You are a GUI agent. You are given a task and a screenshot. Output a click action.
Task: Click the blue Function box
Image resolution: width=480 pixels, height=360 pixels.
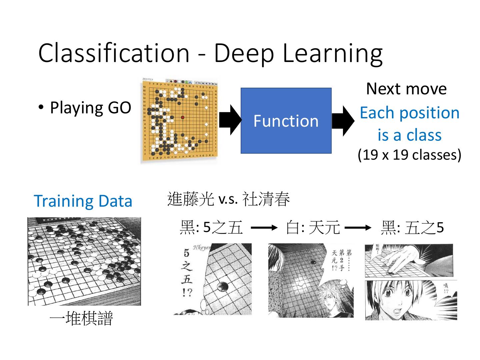click(286, 121)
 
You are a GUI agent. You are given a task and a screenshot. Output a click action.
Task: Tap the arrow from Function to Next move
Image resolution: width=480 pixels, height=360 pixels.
click(343, 121)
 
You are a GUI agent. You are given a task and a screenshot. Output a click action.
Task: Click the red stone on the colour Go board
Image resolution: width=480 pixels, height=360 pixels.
click(183, 117)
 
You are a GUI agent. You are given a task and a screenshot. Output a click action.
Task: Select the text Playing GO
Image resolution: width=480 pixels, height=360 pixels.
click(90, 108)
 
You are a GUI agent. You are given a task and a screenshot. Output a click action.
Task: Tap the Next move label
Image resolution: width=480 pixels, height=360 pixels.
click(406, 89)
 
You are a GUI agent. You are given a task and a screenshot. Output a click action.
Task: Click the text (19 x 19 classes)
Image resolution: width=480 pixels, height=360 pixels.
click(409, 155)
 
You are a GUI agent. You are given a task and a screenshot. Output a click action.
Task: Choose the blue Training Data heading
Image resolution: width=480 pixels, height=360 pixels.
click(83, 201)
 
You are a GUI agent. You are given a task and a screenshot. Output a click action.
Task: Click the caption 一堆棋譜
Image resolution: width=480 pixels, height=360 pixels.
click(81, 318)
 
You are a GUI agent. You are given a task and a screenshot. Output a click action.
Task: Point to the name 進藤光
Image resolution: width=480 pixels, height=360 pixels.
click(190, 199)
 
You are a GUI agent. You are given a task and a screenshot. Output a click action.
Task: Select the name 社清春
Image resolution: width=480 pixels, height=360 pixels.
click(266, 199)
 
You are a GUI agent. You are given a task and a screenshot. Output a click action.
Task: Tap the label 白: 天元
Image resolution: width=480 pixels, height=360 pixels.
click(313, 228)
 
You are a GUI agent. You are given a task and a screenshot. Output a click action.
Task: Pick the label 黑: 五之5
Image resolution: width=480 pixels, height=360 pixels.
click(412, 228)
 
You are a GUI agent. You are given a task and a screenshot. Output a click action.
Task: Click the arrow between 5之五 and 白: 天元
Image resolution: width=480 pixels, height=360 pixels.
click(264, 228)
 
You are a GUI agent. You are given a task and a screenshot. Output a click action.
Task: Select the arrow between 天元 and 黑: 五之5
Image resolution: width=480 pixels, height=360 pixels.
click(358, 228)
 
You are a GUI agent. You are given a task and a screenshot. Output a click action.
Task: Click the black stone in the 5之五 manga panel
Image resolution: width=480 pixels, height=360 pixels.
click(222, 286)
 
